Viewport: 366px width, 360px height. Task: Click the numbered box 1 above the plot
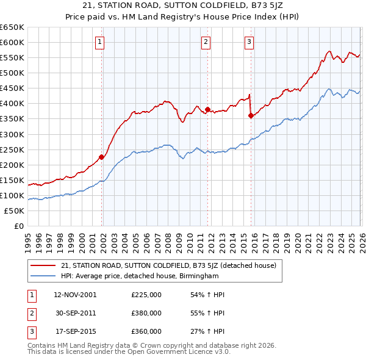tap(99, 42)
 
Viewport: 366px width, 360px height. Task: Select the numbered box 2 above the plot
tap(206, 42)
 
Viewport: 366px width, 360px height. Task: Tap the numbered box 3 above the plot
tap(249, 42)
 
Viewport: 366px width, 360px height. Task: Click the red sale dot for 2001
tap(102, 157)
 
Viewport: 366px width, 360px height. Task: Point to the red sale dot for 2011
tap(208, 110)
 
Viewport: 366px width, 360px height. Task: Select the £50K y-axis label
tap(15, 211)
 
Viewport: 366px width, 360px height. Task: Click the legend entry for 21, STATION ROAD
tap(169, 265)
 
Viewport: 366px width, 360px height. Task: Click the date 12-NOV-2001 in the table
tap(75, 295)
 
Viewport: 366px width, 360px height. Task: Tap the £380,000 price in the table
tap(146, 313)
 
